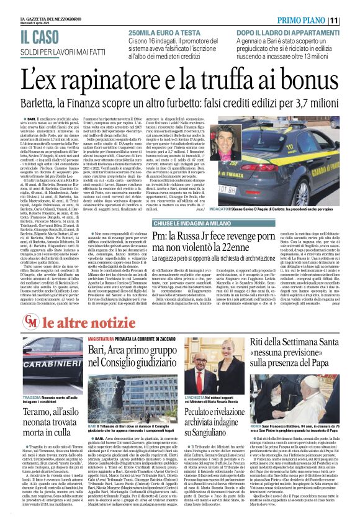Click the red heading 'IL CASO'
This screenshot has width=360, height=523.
tap(29, 37)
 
